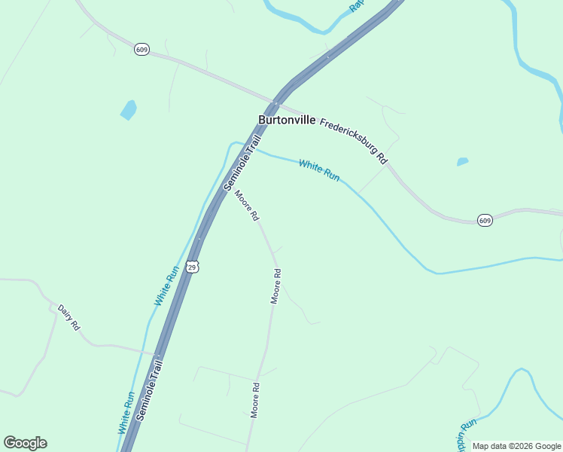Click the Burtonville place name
(x=287, y=120)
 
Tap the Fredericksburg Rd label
(x=353, y=141)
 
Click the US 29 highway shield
(x=193, y=267)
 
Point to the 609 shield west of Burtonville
(x=142, y=49)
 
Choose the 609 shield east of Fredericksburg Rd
(x=485, y=220)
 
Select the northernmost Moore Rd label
(x=247, y=205)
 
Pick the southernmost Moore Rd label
(x=255, y=400)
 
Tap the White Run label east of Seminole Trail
(x=319, y=170)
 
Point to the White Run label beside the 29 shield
(x=166, y=285)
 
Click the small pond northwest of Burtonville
(x=129, y=110)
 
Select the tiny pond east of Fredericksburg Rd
(x=462, y=161)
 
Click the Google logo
(x=25, y=443)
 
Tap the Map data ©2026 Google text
(x=516, y=446)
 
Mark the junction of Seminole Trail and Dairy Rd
(x=160, y=353)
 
